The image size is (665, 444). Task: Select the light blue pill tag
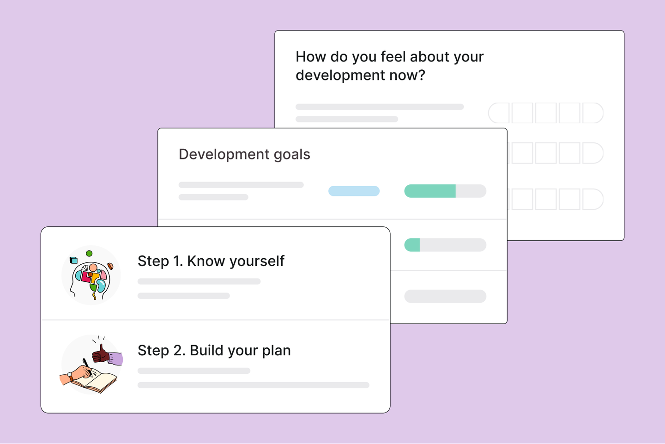354,191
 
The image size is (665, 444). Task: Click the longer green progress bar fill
430,191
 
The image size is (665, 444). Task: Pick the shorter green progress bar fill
412,245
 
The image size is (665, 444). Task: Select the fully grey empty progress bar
445,296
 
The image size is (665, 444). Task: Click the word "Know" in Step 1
206,261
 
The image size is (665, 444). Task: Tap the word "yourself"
257,262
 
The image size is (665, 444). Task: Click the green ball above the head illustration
89,253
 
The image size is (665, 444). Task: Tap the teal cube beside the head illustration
73,260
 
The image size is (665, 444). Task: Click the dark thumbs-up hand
101,354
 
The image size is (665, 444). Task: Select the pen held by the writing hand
87,366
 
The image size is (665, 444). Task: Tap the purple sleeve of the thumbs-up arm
115,358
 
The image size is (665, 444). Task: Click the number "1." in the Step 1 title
178,261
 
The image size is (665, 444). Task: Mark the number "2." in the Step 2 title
180,351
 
